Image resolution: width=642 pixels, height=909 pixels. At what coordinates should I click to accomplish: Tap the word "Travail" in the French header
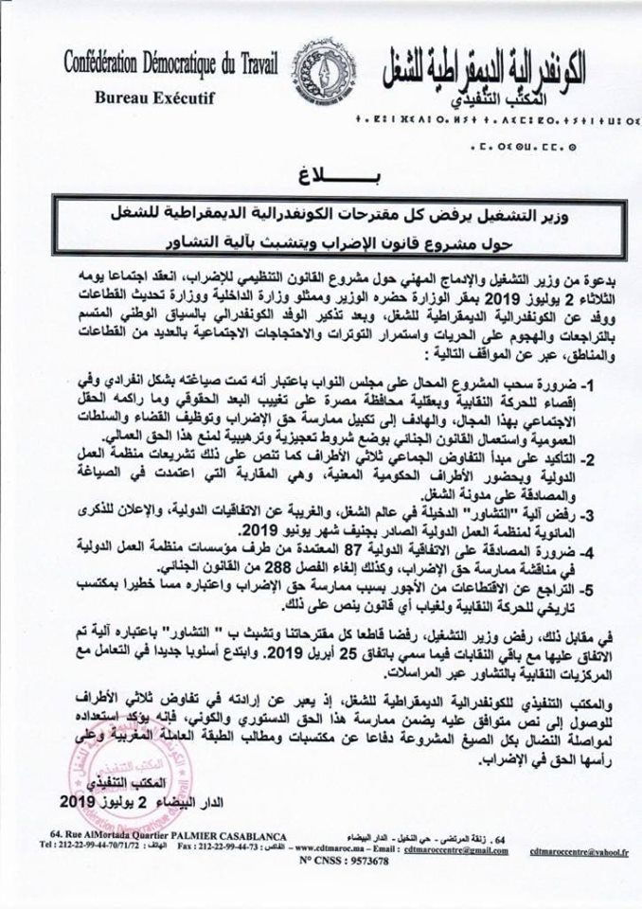coord(264,63)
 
